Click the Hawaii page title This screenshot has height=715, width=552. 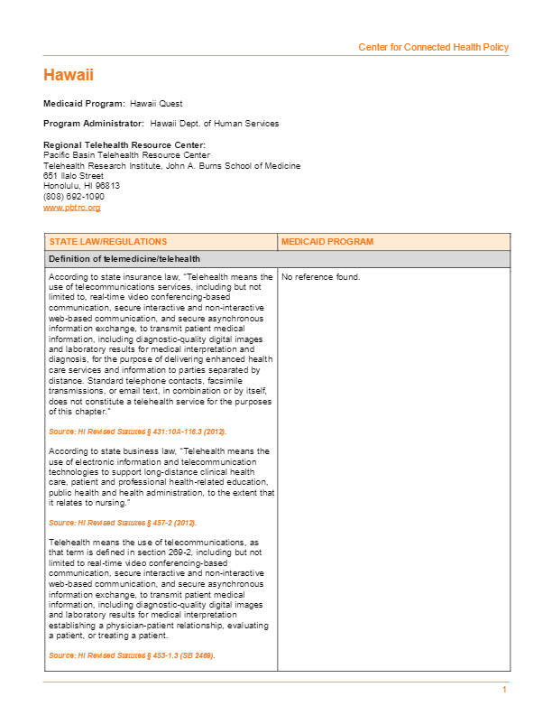click(69, 75)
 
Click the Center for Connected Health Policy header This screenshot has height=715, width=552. click(433, 47)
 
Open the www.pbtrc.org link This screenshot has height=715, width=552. click(71, 208)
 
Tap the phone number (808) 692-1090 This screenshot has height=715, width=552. click(74, 196)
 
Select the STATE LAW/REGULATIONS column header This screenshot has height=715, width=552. click(108, 242)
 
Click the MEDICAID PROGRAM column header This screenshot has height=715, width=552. click(327, 242)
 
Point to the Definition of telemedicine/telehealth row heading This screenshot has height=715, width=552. click(124, 259)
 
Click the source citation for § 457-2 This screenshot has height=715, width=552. click(123, 523)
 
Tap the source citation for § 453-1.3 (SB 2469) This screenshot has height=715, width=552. click(132, 655)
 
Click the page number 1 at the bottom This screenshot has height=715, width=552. click(505, 690)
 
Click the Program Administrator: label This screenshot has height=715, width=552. click(94, 124)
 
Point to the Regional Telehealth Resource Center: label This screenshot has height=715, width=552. click(124, 145)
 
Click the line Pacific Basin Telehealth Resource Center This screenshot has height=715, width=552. click(126, 155)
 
